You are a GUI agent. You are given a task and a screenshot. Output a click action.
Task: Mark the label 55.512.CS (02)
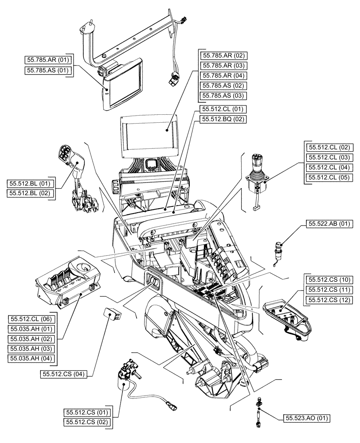(87, 423)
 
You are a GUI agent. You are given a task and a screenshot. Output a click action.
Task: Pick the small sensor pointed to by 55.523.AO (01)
(257, 410)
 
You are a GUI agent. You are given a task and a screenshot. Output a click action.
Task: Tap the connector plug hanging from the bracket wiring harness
(174, 80)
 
